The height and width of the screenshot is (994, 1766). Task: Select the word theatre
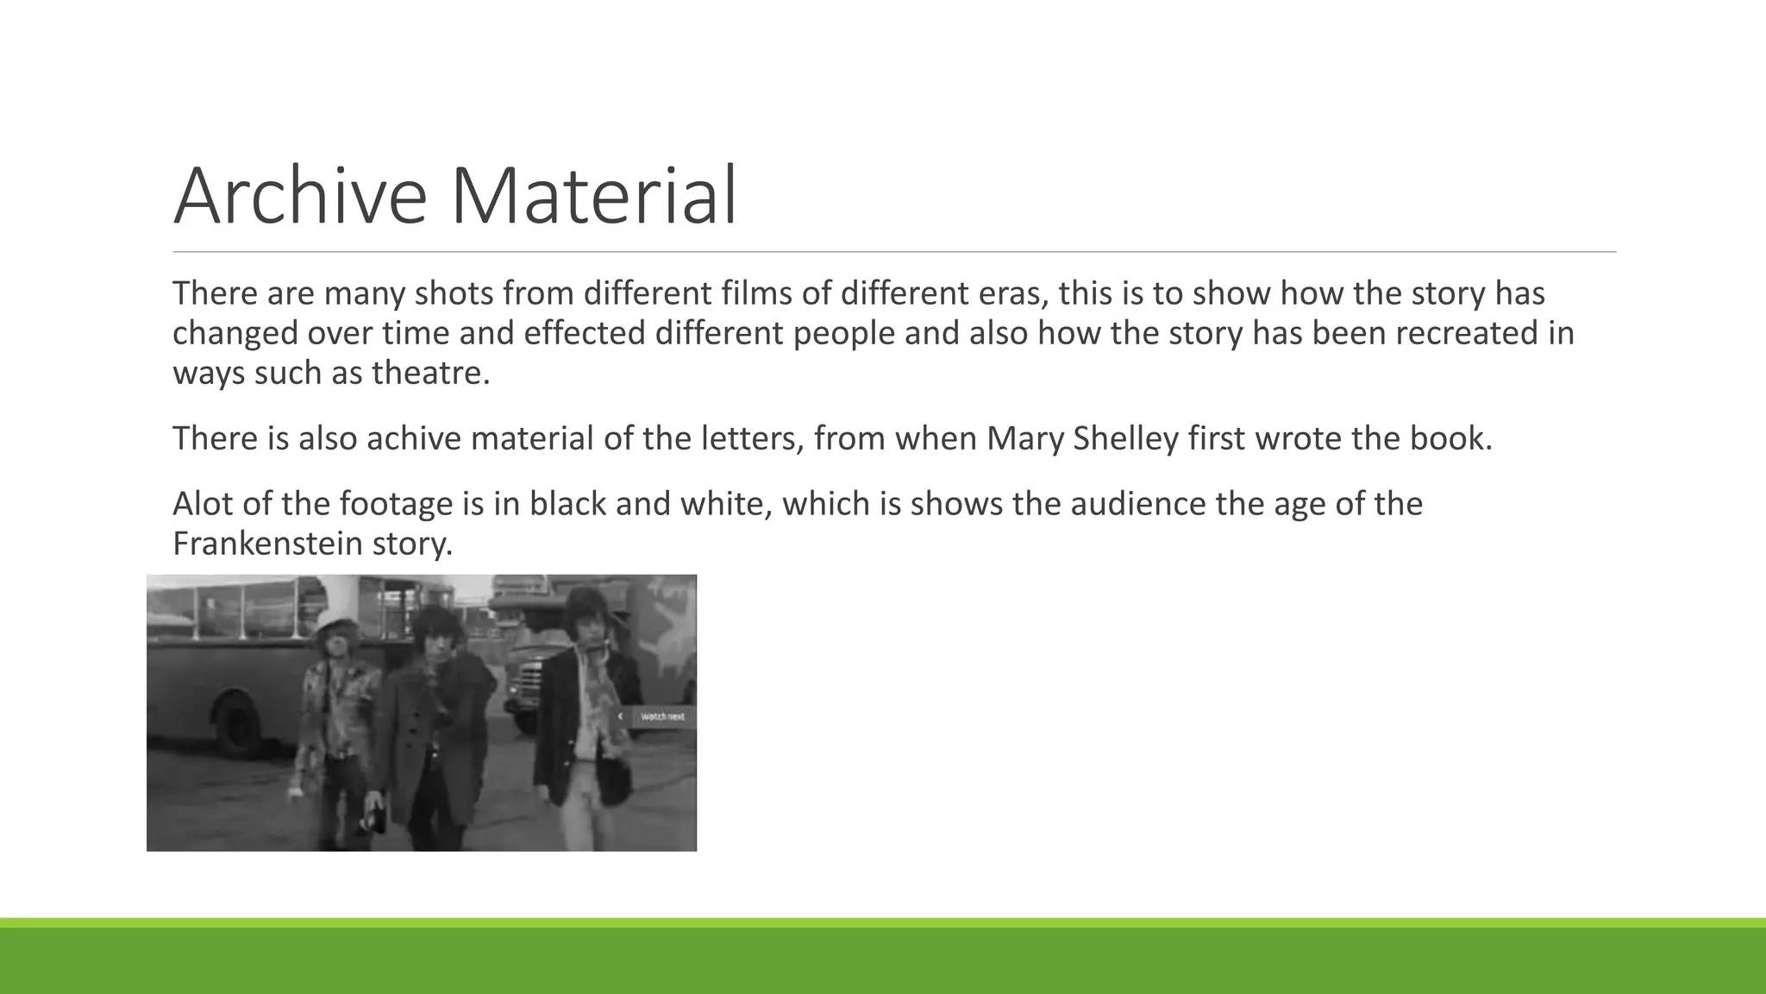pyautogui.click(x=430, y=374)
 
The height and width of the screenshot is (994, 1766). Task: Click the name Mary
pyautogui.click(x=1025, y=439)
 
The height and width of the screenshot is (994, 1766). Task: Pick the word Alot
pyautogui.click(x=202, y=504)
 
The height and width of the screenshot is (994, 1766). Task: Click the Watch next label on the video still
pyautogui.click(x=662, y=717)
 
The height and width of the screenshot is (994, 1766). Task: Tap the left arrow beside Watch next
pyautogui.click(x=620, y=717)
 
